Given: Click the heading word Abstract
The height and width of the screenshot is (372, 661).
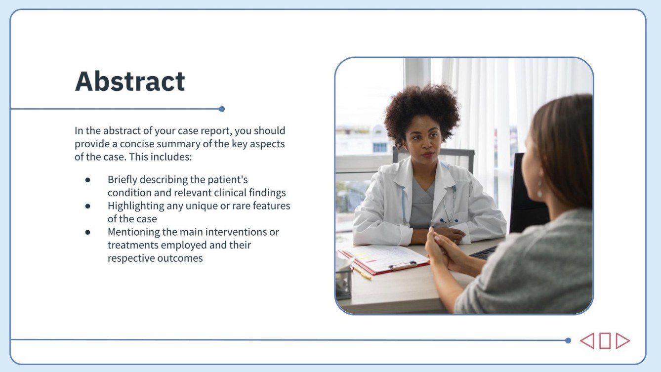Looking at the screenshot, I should pyautogui.click(x=130, y=82).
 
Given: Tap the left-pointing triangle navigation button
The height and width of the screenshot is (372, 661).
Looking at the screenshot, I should pyautogui.click(x=587, y=340).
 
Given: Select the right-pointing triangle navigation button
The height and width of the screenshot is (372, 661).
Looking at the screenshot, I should pyautogui.click(x=622, y=340).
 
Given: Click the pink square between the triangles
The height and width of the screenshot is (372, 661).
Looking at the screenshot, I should pyautogui.click(x=605, y=340).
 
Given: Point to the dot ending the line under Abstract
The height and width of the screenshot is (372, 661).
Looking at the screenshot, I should pyautogui.click(x=222, y=109).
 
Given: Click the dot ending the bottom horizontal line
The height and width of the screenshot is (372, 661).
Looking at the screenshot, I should pyautogui.click(x=568, y=340).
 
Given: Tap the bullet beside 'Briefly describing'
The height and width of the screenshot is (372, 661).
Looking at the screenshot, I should pyautogui.click(x=88, y=180).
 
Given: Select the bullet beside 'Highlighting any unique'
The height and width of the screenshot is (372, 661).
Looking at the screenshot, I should pyautogui.click(x=88, y=206).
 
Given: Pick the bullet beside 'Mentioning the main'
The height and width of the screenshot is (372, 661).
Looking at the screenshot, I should pyautogui.click(x=88, y=232).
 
